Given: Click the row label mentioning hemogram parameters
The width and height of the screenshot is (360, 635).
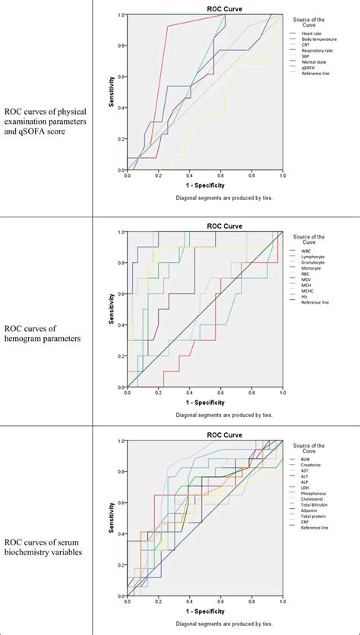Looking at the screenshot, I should pos(38,334).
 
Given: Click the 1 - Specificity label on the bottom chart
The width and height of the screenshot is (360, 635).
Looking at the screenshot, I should pos(204,610).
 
